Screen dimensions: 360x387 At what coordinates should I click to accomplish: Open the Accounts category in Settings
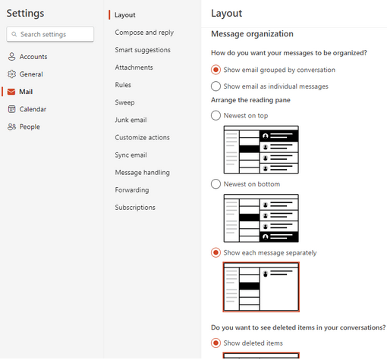33,57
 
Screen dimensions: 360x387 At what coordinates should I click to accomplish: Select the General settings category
30,74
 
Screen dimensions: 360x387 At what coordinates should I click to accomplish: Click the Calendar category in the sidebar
32,109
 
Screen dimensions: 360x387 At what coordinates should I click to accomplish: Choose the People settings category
29,127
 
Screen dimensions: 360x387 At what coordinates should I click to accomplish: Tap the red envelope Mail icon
11,92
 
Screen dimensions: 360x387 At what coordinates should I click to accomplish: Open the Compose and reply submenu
144,33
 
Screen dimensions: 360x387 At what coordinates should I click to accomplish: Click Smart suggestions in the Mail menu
143,50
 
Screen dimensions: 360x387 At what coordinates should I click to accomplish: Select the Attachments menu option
134,67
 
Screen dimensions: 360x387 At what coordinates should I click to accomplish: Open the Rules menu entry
124,85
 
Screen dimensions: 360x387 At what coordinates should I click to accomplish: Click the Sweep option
125,102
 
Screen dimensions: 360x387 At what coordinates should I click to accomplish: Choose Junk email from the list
131,120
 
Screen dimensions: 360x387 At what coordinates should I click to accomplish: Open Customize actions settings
143,137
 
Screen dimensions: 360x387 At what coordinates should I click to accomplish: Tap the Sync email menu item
131,155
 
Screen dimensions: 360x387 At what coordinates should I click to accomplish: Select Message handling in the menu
143,172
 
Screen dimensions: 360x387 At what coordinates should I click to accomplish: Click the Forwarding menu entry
132,189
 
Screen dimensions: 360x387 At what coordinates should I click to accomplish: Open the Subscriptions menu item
135,207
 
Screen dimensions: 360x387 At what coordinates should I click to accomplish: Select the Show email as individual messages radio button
216,86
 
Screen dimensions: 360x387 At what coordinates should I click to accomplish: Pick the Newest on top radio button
216,115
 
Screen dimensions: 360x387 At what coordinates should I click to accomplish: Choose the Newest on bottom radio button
216,184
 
